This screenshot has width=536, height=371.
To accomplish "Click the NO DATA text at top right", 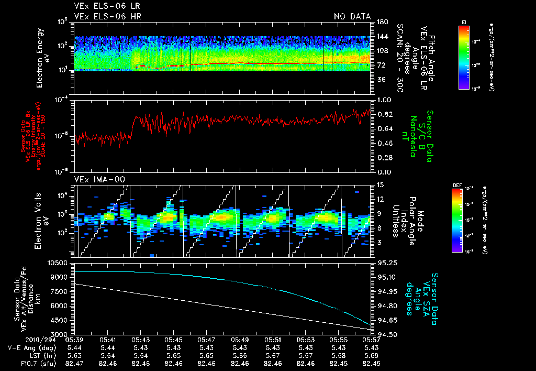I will click(x=352, y=16).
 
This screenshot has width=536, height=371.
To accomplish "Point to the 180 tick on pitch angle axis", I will click(x=381, y=21).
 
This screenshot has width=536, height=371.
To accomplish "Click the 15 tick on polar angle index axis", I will click(x=379, y=184).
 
